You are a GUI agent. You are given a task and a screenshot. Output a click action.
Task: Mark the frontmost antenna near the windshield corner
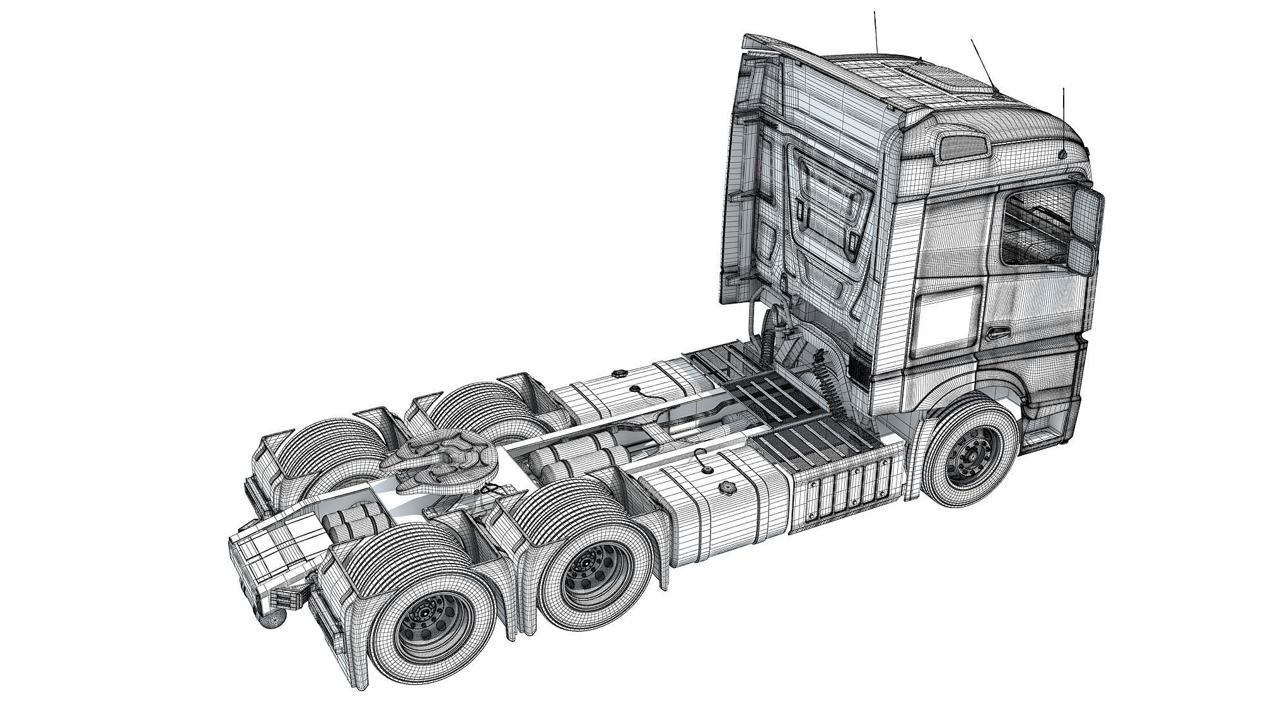(1064, 120)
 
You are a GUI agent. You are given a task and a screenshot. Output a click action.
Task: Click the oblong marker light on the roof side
(963, 148)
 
